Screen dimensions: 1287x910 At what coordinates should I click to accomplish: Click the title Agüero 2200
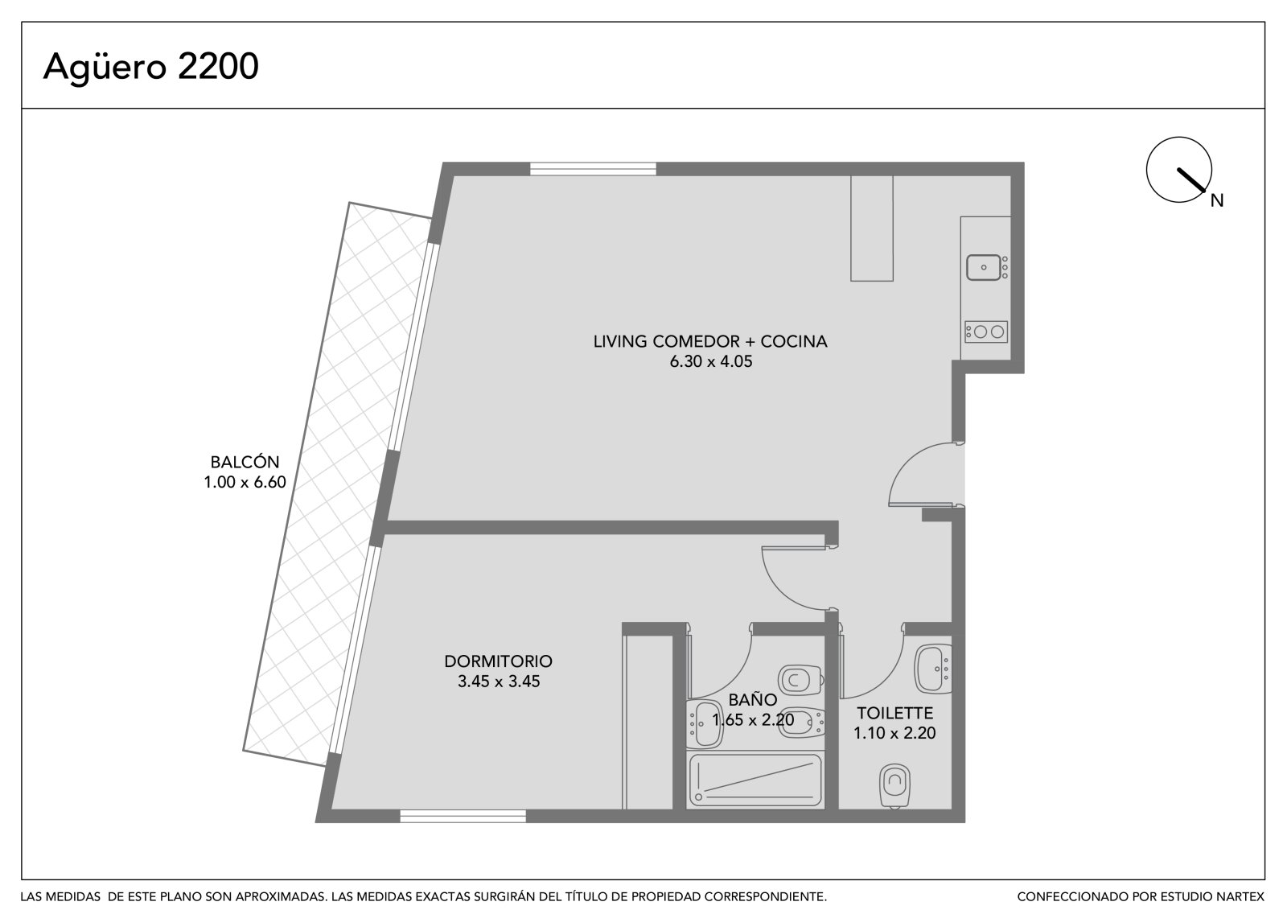click(150, 68)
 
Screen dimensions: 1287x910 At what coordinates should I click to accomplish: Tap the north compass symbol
click(1179, 170)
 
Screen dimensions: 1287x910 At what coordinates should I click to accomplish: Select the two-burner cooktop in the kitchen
click(986, 331)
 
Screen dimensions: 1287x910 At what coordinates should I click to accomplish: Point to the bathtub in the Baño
click(755, 780)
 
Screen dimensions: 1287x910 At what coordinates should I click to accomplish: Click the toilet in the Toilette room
click(894, 785)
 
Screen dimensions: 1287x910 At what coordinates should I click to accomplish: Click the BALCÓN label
click(245, 462)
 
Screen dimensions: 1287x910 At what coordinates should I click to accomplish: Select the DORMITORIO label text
click(498, 661)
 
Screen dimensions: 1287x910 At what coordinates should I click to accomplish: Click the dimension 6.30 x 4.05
click(711, 361)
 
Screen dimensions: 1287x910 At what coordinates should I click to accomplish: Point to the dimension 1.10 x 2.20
click(894, 733)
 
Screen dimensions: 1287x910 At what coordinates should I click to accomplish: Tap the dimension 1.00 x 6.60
click(245, 482)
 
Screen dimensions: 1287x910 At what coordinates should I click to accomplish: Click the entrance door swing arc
click(908, 460)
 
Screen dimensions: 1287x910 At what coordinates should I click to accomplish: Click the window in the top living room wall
click(593, 169)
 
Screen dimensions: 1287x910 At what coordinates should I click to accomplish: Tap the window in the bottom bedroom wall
click(463, 817)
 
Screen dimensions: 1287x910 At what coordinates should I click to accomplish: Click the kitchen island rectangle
click(872, 229)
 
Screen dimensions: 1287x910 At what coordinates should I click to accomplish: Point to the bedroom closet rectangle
click(648, 722)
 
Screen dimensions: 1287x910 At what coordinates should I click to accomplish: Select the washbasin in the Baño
click(705, 724)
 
